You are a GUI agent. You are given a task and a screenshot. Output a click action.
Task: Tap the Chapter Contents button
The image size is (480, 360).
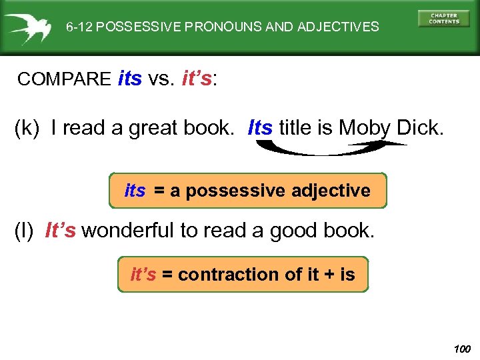click(x=443, y=19)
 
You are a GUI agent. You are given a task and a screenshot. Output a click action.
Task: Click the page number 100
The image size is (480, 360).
click(x=461, y=349)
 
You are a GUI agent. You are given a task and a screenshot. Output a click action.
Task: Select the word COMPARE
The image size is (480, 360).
click(x=64, y=79)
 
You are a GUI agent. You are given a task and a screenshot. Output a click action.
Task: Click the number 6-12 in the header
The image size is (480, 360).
click(x=79, y=27)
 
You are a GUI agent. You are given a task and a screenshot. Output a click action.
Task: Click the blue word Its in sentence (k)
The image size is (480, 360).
click(x=260, y=127)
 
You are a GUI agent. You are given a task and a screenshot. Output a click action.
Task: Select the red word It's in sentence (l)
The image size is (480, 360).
click(x=60, y=231)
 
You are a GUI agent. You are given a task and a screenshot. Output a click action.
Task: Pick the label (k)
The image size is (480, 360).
click(x=28, y=127)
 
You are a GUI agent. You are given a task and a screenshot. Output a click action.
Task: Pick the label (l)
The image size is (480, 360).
click(x=26, y=231)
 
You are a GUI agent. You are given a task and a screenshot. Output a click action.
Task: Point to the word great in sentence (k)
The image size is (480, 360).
click(x=155, y=127)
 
